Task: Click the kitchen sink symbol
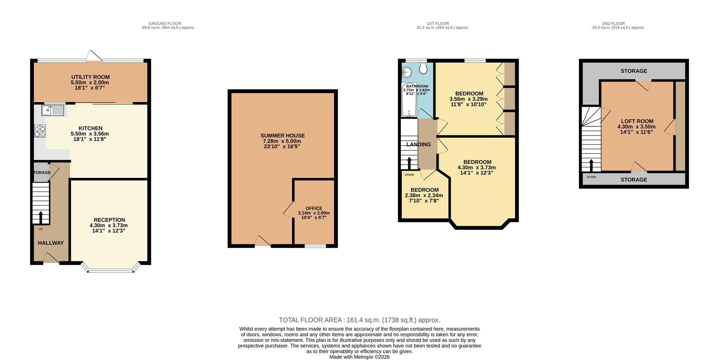point(53,110)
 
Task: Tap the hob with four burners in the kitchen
point(40,131)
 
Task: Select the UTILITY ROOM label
point(90,77)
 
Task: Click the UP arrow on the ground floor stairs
point(40,217)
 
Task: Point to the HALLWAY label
point(51,243)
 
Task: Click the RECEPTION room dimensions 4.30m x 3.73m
point(109,225)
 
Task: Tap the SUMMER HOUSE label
point(282,135)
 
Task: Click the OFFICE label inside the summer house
point(313,208)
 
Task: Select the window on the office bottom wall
point(315,246)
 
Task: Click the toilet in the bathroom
point(424,68)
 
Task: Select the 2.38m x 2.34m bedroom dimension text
point(424,195)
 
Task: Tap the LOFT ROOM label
point(637,121)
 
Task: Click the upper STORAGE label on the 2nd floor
point(634,71)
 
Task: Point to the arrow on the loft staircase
point(591,165)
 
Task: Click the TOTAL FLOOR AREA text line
point(359,320)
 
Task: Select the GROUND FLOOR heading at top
point(165,24)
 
